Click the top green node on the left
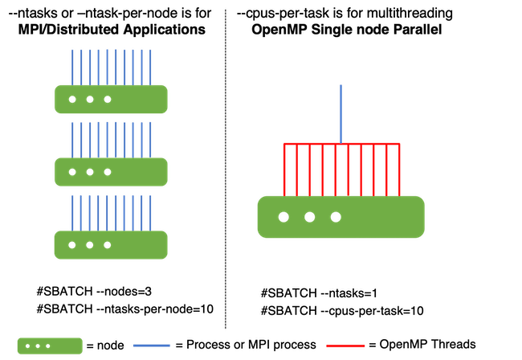[111, 99]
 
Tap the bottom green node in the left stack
[111, 243]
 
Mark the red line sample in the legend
[345, 346]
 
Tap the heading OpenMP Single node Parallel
[349, 29]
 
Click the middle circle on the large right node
[310, 217]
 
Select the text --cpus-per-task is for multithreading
[345, 13]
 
